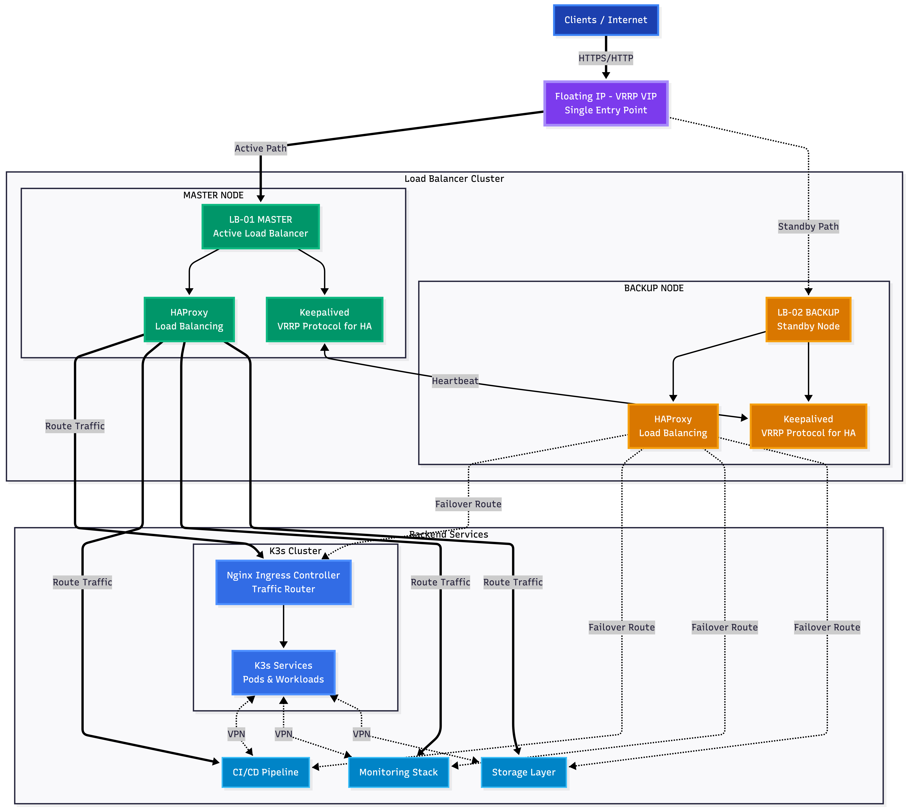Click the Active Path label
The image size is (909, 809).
261,148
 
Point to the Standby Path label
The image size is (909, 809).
808,227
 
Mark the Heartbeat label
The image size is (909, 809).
455,381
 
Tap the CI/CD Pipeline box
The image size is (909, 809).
266,772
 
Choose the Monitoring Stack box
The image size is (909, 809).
398,772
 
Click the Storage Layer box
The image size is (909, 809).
523,772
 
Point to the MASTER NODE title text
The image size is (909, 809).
213,195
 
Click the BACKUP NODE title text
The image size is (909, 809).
654,288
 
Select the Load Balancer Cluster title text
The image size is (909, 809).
454,179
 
